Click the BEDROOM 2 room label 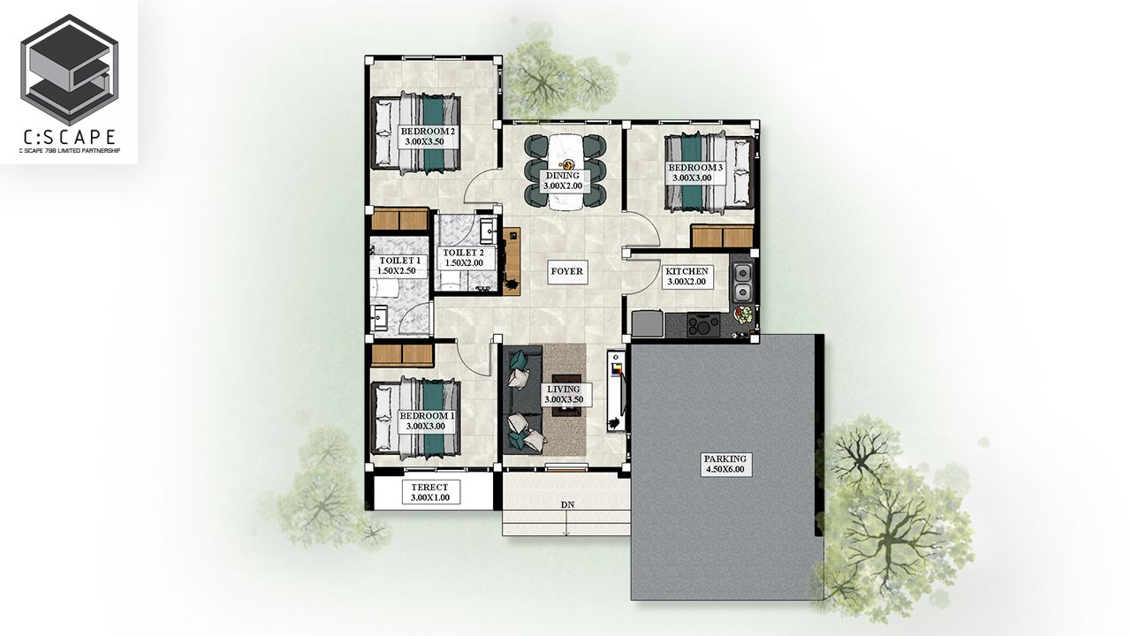click(x=428, y=136)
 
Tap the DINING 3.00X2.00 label click(x=563, y=181)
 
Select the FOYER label click(x=566, y=271)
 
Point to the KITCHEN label click(x=687, y=276)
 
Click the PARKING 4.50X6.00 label click(x=725, y=465)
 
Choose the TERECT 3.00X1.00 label click(x=429, y=492)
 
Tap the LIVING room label click(x=564, y=394)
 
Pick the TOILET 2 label click(x=464, y=258)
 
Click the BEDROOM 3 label click(x=695, y=172)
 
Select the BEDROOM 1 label click(x=427, y=421)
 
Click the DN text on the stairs click(x=567, y=504)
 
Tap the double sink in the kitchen click(x=742, y=282)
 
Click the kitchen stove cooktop click(x=703, y=324)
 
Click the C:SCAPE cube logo click(x=69, y=70)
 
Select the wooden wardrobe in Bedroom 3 click(x=722, y=237)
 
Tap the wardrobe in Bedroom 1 click(x=402, y=355)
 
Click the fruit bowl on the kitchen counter click(x=743, y=315)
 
